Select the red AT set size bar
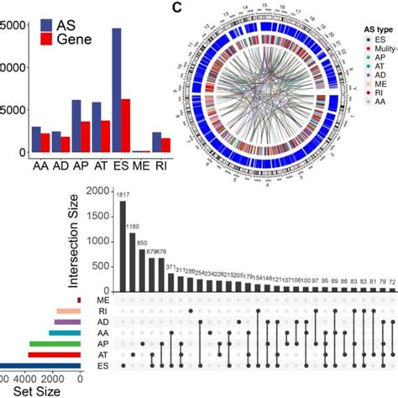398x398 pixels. [x=54, y=355]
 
